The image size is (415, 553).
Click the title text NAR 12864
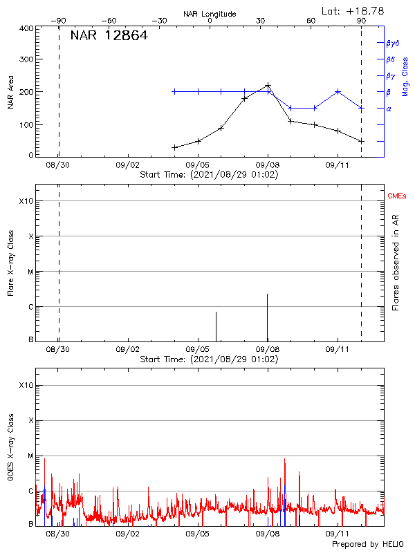(x=109, y=36)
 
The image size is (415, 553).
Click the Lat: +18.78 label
(x=353, y=10)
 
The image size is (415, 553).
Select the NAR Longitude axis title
(x=210, y=14)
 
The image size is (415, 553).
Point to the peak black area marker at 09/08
(x=268, y=86)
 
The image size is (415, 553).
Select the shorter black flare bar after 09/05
(x=216, y=326)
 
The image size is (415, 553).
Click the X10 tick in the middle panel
(x=26, y=201)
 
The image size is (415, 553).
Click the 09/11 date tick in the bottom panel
(x=338, y=534)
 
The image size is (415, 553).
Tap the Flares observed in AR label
(x=396, y=261)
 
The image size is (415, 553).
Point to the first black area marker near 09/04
(x=175, y=147)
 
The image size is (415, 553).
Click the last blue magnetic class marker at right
(x=361, y=108)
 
